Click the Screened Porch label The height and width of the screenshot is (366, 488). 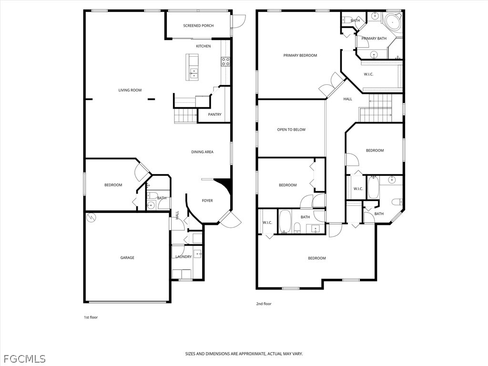[x=198, y=26]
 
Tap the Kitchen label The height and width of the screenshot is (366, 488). [x=203, y=46]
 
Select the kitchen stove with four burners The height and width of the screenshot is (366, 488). [x=225, y=61]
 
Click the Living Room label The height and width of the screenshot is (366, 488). [x=130, y=90]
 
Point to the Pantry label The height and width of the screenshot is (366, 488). [x=215, y=114]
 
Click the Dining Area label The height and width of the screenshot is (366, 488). [x=203, y=152]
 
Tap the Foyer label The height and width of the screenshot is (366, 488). [x=207, y=201]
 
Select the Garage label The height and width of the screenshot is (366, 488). [x=127, y=258]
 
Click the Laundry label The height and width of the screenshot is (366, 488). [x=183, y=257]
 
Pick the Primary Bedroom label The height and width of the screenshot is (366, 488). [x=300, y=55]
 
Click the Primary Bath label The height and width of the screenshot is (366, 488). [x=374, y=39]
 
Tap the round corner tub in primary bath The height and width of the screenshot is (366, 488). [x=393, y=22]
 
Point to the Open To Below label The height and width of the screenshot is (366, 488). [x=291, y=130]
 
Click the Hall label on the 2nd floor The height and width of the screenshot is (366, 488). [x=348, y=99]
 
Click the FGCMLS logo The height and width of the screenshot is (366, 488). [x=23, y=358]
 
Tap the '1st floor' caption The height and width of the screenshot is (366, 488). [x=91, y=317]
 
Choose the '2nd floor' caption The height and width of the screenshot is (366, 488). [x=264, y=304]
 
